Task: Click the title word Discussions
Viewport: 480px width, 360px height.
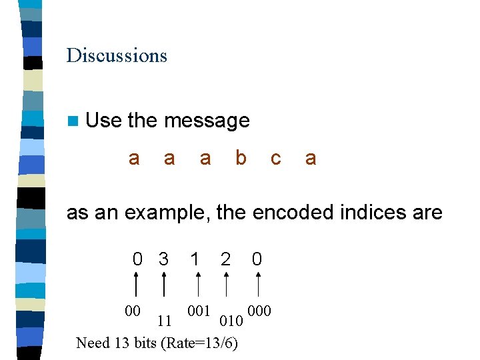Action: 117,55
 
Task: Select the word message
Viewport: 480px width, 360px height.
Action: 207,121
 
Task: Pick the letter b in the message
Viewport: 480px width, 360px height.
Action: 241,158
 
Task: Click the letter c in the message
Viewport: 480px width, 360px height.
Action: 275,159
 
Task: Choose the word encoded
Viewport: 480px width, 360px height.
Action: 287,213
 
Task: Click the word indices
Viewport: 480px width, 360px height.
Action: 372,213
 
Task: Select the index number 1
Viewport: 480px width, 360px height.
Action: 194,259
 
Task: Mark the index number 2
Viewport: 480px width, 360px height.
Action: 225,259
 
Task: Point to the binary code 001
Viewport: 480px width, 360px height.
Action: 199,311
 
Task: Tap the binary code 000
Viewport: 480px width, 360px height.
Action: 259,311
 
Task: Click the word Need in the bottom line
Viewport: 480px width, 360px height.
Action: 92,343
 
